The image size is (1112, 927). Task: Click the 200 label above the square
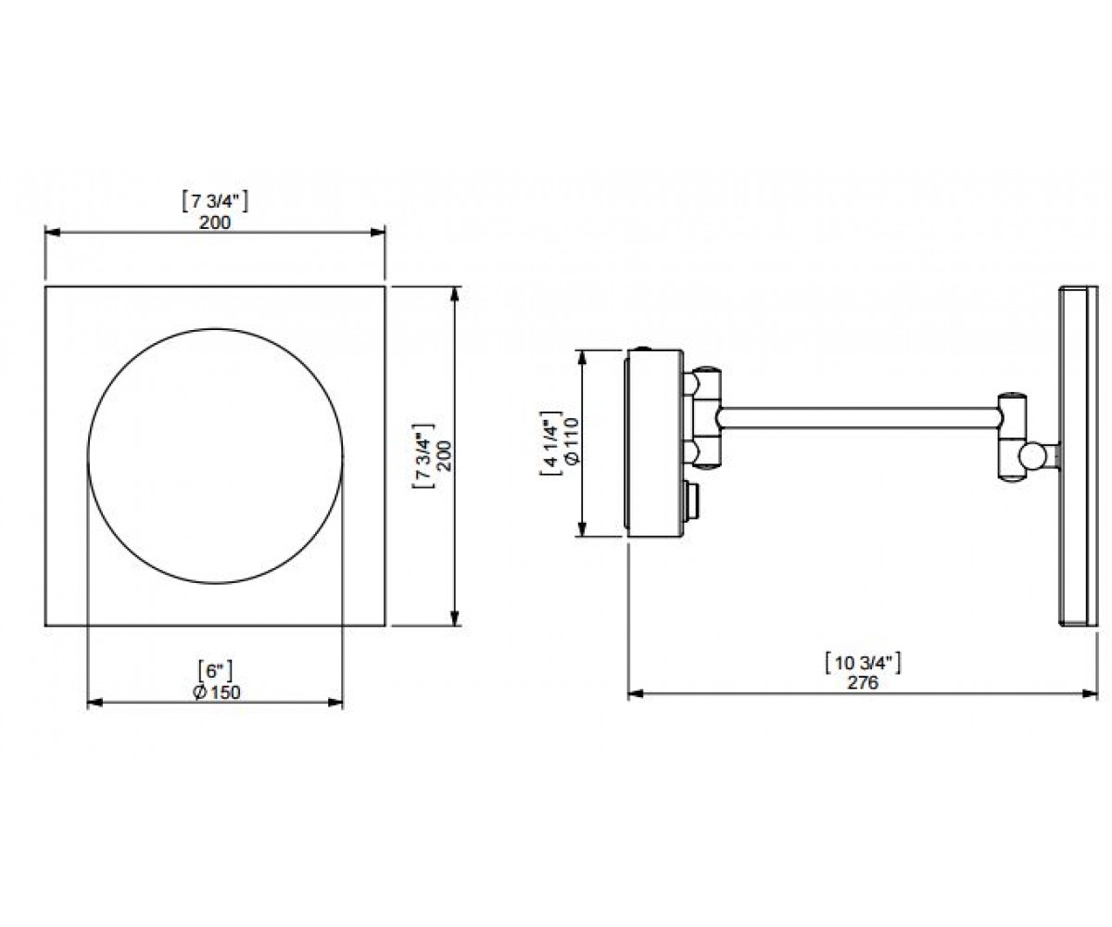pos(215,222)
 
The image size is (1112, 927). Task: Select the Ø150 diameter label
pos(217,692)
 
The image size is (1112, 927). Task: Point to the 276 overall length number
pos(863,682)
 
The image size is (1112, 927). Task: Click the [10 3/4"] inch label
pos(863,664)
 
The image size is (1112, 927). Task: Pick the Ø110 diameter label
pos(571,442)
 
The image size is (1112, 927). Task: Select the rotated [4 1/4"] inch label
pos(550,443)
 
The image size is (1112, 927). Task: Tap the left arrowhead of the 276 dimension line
pos(636,693)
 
